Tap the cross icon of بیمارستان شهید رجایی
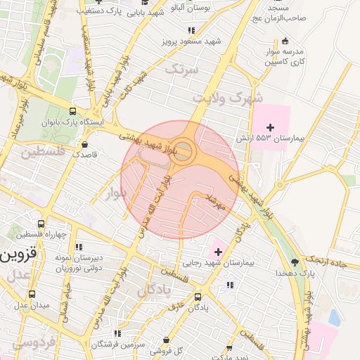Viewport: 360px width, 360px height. (x=218, y=252)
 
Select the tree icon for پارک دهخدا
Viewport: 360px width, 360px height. (x=294, y=262)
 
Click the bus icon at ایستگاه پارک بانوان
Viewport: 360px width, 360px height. (x=73, y=110)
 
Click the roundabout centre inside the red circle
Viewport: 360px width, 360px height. (x=184, y=149)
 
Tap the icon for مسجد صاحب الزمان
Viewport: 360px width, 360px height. (x=285, y=40)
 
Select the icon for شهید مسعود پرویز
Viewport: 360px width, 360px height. (x=191, y=30)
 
